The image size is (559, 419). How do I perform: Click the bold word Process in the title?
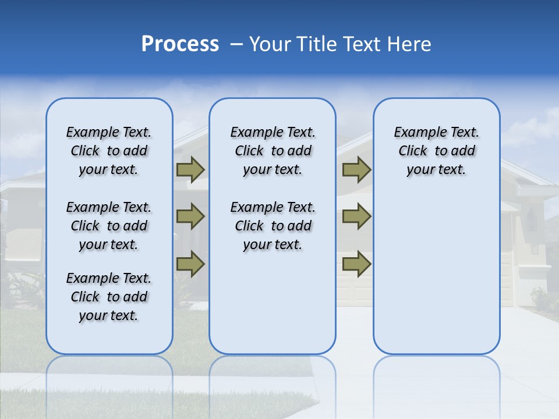coord(180,44)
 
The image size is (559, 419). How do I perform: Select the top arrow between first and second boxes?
coord(190,169)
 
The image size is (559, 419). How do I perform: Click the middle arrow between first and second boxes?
coord(190,216)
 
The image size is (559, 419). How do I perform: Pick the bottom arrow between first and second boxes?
coord(190,264)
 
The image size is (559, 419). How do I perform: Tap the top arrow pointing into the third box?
coord(356,169)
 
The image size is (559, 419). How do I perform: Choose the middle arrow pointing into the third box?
coord(356,216)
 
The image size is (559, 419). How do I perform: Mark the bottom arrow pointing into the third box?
coord(356,264)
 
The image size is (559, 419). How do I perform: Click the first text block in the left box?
coord(109,151)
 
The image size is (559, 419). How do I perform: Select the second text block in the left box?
coord(109,226)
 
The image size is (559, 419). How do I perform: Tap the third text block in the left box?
coord(109,297)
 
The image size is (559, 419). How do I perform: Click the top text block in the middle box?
coord(273,151)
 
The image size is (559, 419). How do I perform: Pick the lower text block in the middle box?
coord(273,226)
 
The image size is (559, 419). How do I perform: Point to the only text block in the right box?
coord(436,151)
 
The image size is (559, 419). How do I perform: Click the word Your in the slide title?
coord(269,44)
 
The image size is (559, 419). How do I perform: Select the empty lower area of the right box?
coord(436,274)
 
